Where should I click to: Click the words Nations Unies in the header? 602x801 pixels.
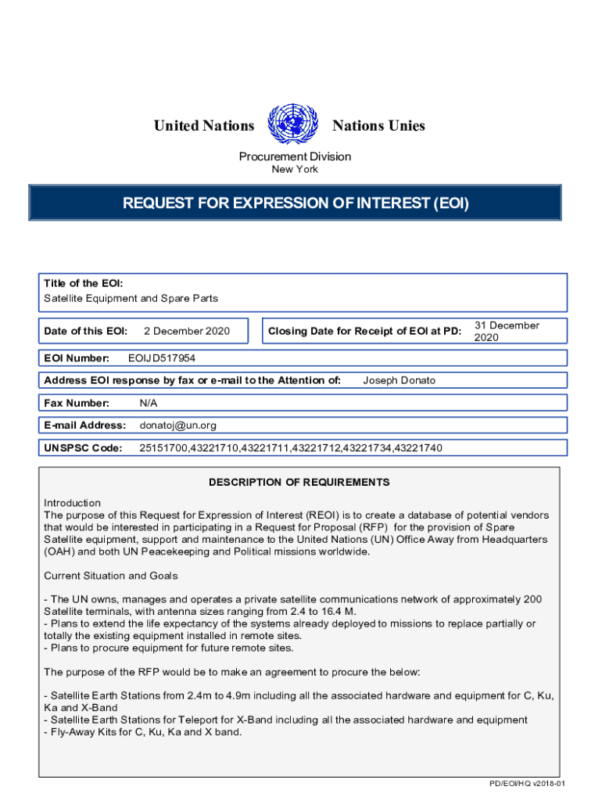pos(378,126)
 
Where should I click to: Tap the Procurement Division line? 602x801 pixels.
pos(295,156)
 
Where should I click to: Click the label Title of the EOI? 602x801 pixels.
pos(83,283)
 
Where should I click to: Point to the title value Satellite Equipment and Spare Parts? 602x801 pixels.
pos(131,298)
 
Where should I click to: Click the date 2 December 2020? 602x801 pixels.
pos(187,331)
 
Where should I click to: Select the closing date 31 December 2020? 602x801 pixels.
pos(507,331)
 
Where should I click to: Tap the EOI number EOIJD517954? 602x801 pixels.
pos(162,358)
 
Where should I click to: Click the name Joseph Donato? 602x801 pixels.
pos(400,380)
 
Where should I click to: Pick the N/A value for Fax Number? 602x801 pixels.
pos(149,403)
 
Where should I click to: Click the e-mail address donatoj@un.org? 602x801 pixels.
pos(177,426)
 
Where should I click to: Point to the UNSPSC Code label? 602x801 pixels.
pos(84,448)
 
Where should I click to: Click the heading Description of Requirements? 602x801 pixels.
pos(299,482)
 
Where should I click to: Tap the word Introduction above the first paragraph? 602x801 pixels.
pos(72,503)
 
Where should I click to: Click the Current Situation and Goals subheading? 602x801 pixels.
pos(110,576)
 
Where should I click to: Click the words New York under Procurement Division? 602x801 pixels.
pos(295,170)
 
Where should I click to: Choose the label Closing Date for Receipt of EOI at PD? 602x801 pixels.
pos(365,332)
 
